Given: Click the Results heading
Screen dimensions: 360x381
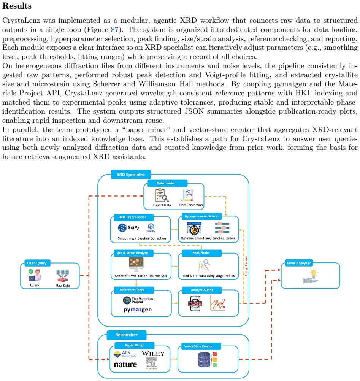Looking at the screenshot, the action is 17,6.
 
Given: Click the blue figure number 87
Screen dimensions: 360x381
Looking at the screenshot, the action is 115,30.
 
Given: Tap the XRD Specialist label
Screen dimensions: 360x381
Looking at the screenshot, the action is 131,175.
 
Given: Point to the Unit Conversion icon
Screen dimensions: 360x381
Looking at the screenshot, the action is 188,195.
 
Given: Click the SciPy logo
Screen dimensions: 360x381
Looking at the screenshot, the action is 129,228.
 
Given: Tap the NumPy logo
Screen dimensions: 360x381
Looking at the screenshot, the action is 151,228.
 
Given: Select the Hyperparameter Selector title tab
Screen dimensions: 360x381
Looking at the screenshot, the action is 202,216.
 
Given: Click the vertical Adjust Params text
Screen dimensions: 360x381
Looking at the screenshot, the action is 246,266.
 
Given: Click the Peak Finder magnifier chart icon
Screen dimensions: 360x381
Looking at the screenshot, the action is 203,265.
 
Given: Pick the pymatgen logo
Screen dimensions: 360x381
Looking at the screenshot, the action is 138,310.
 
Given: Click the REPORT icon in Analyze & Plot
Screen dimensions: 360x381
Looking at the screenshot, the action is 195,303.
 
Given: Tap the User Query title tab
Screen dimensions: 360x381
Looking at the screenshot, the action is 37,263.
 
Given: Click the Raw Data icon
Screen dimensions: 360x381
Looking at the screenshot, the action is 63,276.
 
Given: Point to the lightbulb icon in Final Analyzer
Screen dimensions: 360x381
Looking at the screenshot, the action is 311,276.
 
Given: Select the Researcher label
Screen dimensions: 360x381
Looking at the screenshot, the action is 126,335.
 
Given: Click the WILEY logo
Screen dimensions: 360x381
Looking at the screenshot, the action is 153,354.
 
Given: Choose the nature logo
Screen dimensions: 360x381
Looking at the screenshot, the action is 125,365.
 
